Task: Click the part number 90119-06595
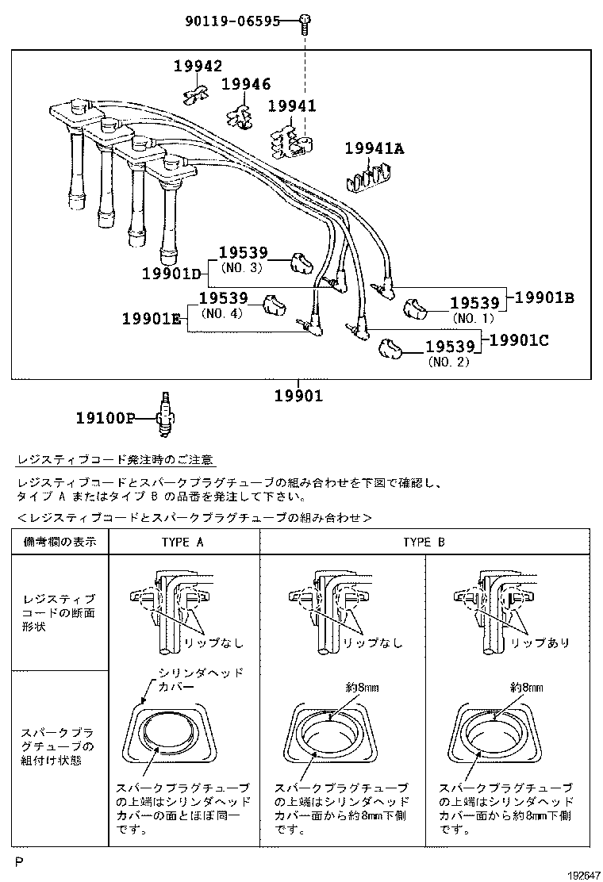(x=232, y=21)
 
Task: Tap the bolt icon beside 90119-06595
(x=305, y=24)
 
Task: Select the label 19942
(x=198, y=67)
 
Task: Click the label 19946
(x=246, y=84)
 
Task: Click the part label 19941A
(x=374, y=148)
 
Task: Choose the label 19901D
(x=172, y=274)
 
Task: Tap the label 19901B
(x=544, y=297)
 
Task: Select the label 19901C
(x=520, y=340)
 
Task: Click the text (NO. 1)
(x=473, y=318)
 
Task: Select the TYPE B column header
(x=424, y=543)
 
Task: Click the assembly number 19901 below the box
(x=299, y=396)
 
